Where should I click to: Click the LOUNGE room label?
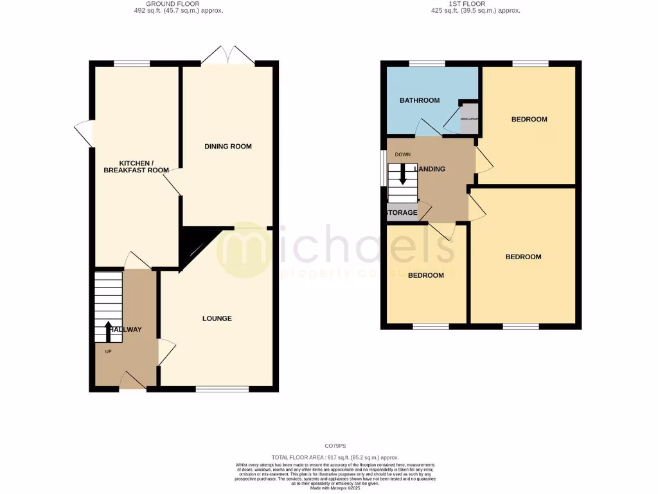217,318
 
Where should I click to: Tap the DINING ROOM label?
228,147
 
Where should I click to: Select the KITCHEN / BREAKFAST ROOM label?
135,167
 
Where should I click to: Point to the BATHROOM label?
420,100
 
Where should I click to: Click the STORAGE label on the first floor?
402,213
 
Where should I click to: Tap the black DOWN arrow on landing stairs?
403,174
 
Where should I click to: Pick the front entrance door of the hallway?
132,381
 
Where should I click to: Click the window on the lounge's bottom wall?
222,389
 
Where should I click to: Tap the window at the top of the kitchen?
132,63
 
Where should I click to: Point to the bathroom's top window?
427,63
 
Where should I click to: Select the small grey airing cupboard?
468,118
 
